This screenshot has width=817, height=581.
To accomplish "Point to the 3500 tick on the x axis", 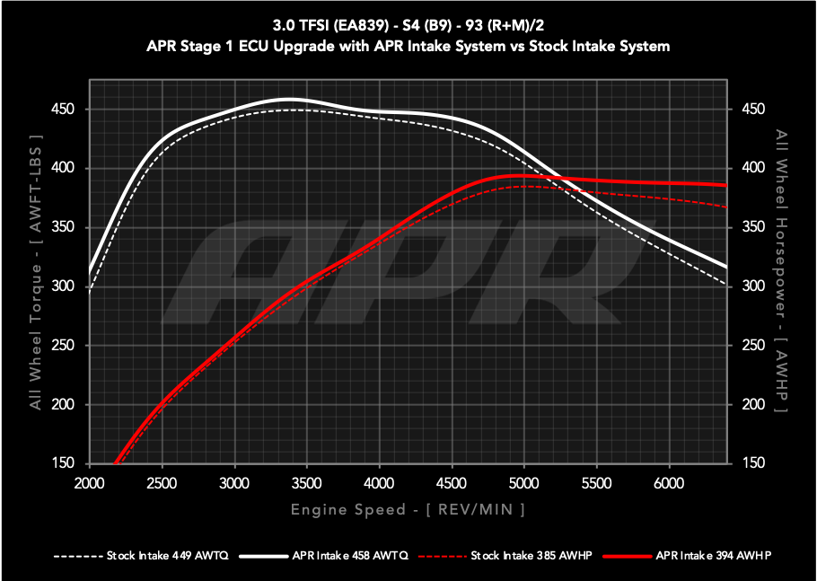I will pyautogui.click(x=307, y=482).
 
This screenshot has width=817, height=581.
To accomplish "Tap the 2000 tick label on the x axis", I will pyautogui.click(x=90, y=482).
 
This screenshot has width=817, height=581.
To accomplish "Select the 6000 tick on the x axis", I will pyautogui.click(x=669, y=482).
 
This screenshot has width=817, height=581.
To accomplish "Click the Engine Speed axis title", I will pyautogui.click(x=408, y=509).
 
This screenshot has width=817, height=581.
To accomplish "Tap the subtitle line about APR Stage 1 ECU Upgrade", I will pyautogui.click(x=408, y=46).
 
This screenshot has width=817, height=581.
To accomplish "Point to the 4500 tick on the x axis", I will pyautogui.click(x=452, y=482).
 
